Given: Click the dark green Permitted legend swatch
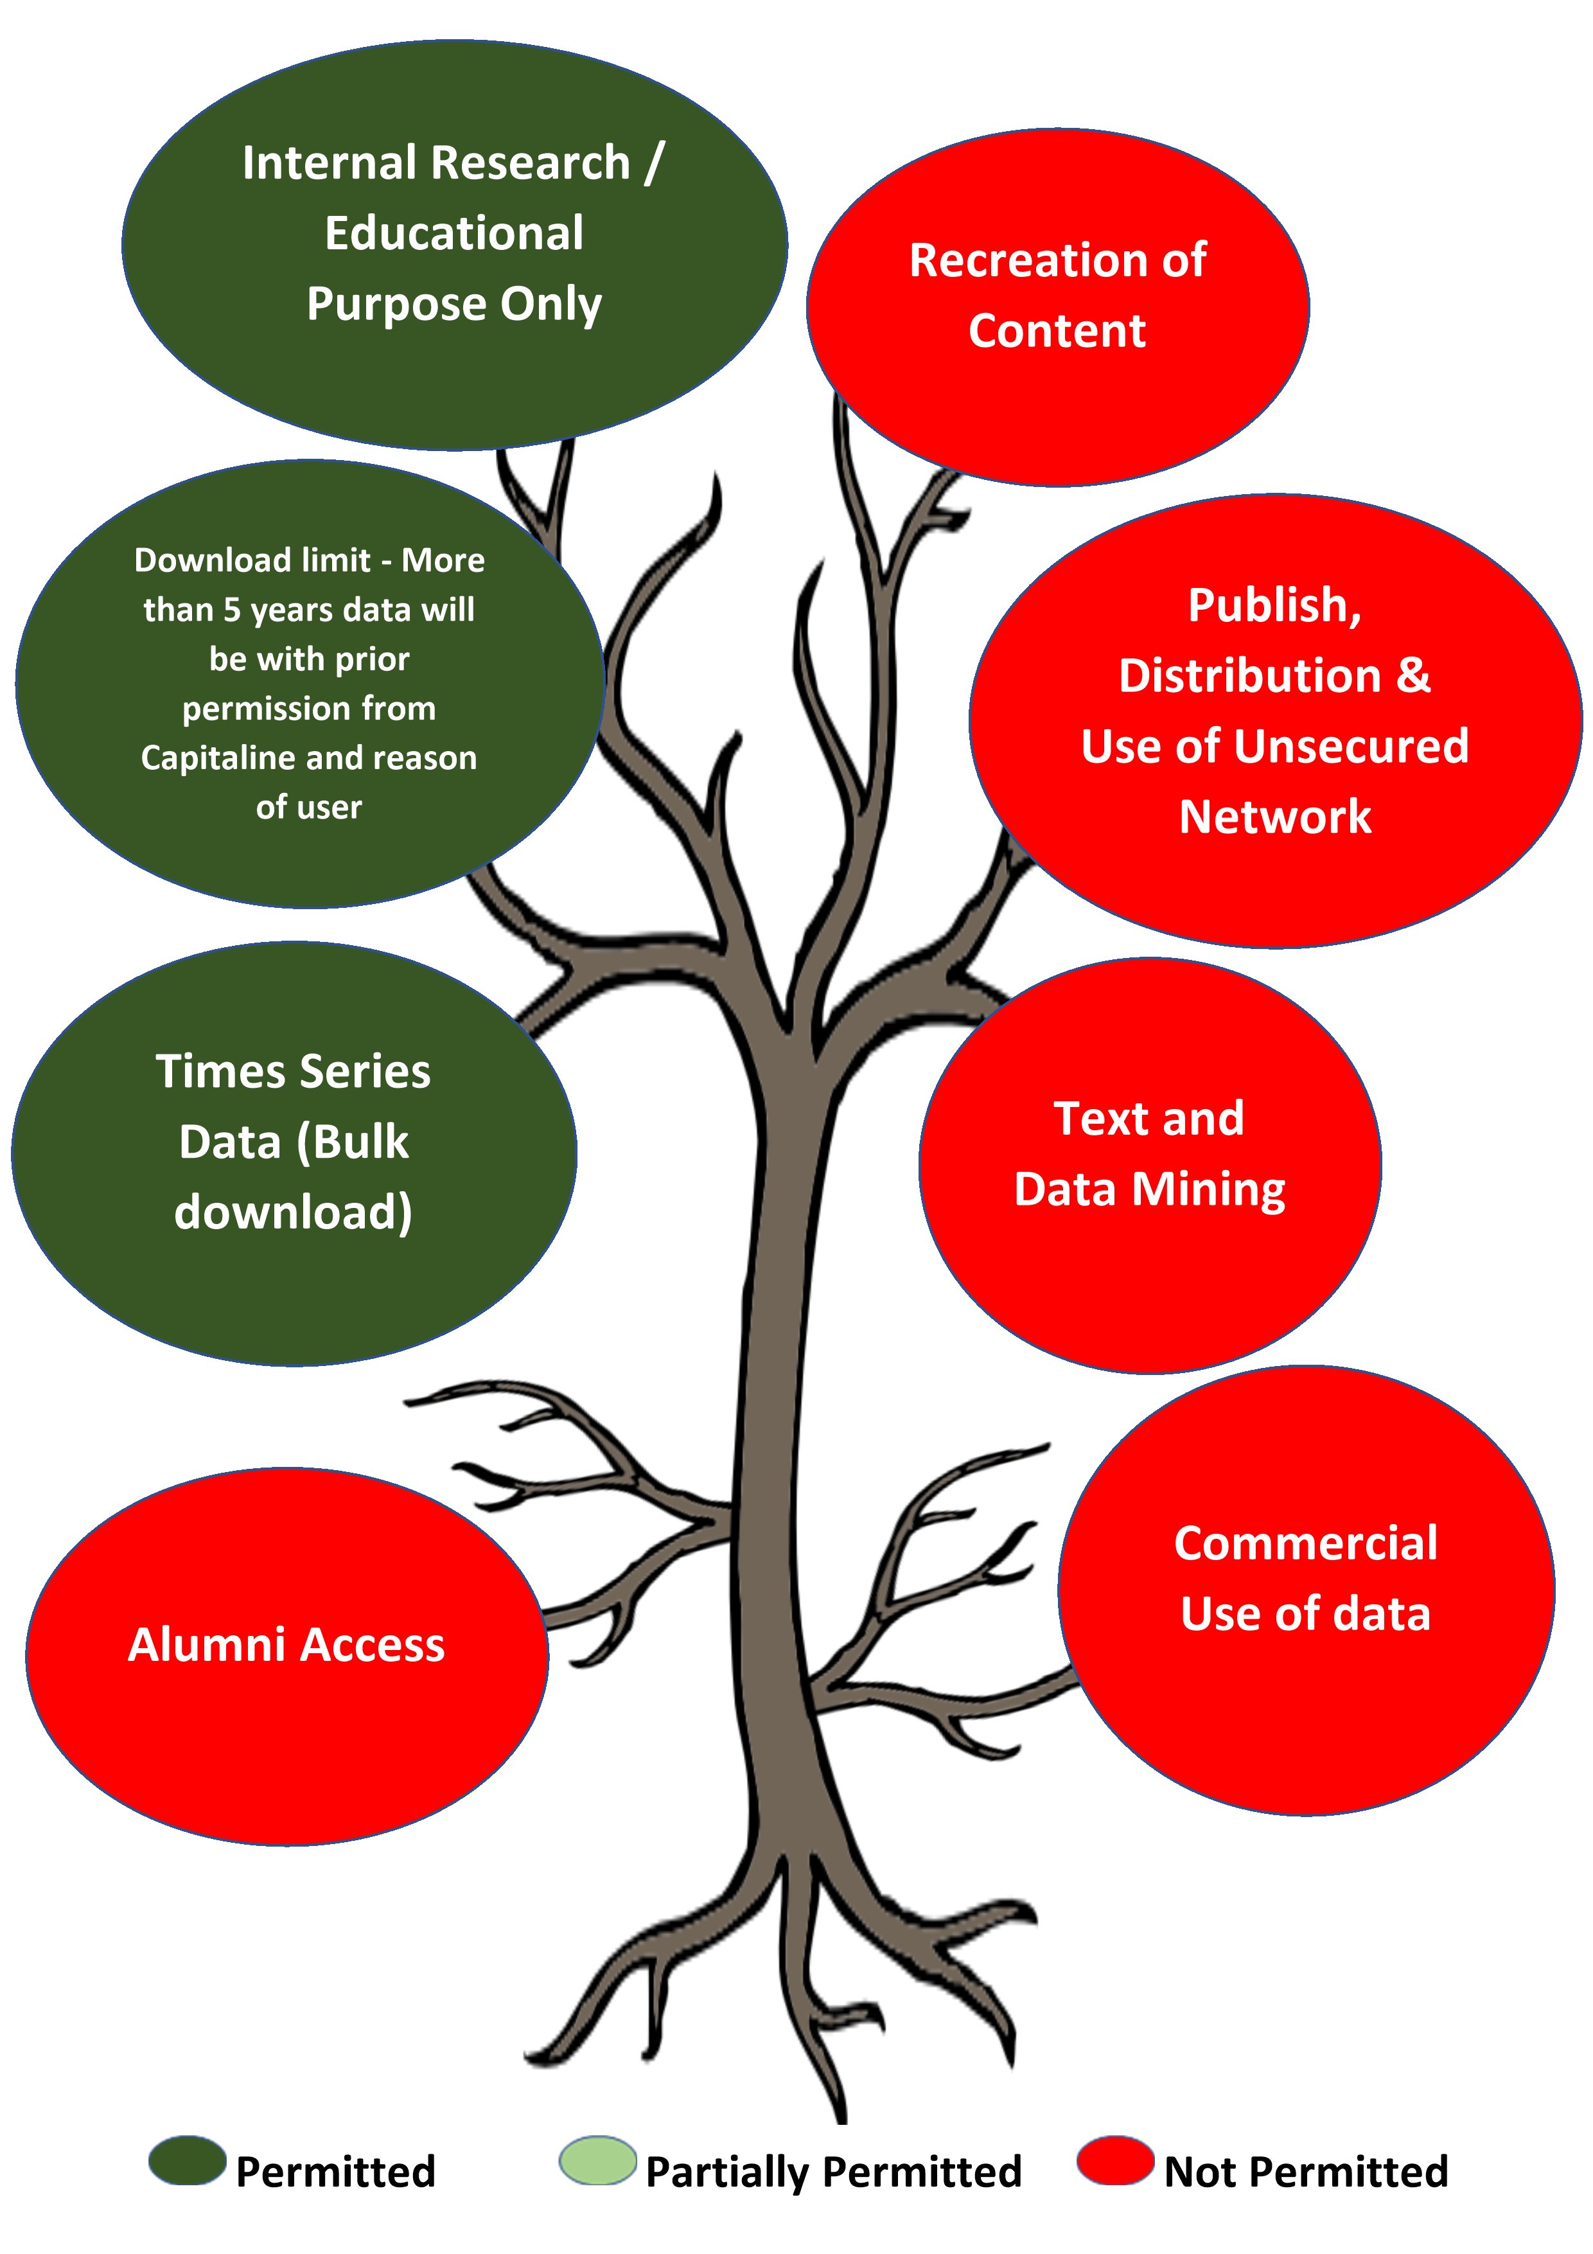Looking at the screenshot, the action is (188, 2161).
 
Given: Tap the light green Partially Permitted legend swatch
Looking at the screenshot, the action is (598, 2161).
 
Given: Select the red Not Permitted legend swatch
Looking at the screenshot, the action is (1115, 2161).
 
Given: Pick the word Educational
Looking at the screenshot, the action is (454, 234).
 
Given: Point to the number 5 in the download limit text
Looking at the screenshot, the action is (232, 610).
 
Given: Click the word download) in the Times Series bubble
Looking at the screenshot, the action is (294, 1212).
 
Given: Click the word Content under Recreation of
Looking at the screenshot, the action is (1057, 331).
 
